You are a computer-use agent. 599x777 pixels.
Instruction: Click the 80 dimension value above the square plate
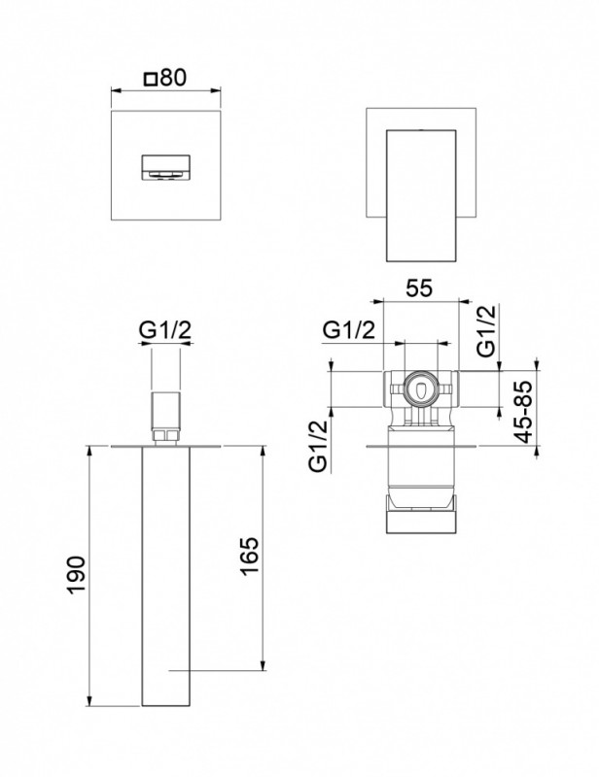click(x=173, y=77)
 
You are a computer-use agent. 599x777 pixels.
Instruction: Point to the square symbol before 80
click(x=149, y=78)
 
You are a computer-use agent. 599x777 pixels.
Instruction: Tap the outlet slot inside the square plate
click(x=167, y=168)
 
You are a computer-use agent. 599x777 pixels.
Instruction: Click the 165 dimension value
click(x=248, y=557)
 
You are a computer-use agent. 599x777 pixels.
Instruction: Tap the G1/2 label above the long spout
click(x=164, y=330)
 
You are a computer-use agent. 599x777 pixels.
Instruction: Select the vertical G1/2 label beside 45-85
click(x=487, y=328)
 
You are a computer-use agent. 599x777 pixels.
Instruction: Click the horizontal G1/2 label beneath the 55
click(x=349, y=330)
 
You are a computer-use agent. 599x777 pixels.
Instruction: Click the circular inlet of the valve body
click(x=420, y=388)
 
